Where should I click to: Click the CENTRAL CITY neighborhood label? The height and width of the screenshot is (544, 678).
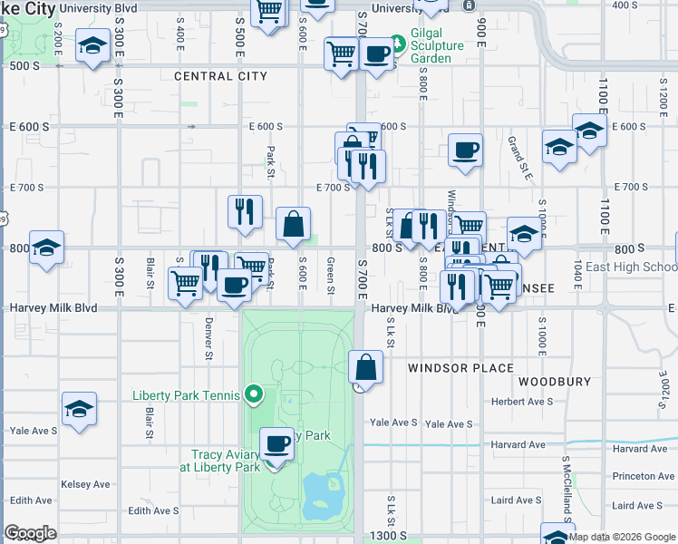(220, 76)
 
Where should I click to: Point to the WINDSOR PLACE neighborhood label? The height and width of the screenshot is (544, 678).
(460, 368)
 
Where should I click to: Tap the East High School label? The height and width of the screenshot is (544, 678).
(631, 267)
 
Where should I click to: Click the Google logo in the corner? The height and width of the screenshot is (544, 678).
(31, 533)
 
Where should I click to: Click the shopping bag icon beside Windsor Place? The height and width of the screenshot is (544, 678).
(365, 368)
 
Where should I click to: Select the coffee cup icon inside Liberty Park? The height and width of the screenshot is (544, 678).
(277, 443)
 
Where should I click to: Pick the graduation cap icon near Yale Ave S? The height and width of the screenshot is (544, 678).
(79, 409)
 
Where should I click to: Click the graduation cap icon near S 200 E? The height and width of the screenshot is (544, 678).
(92, 45)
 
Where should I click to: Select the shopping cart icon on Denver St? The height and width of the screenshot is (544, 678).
(186, 283)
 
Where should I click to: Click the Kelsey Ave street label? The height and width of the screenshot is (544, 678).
(85, 485)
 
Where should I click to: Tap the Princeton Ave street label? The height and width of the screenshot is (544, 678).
(644, 475)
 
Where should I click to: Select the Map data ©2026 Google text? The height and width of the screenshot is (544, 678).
(621, 537)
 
